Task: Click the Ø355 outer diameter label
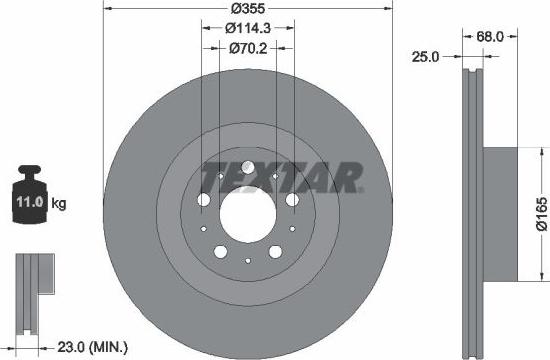(x=247, y=8)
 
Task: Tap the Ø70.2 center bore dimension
(x=247, y=47)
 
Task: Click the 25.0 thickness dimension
(x=427, y=57)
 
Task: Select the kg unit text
(x=59, y=204)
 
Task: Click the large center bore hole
(x=247, y=210)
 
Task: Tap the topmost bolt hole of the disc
(x=247, y=166)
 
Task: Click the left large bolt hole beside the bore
(x=204, y=200)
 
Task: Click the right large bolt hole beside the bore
(x=291, y=200)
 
